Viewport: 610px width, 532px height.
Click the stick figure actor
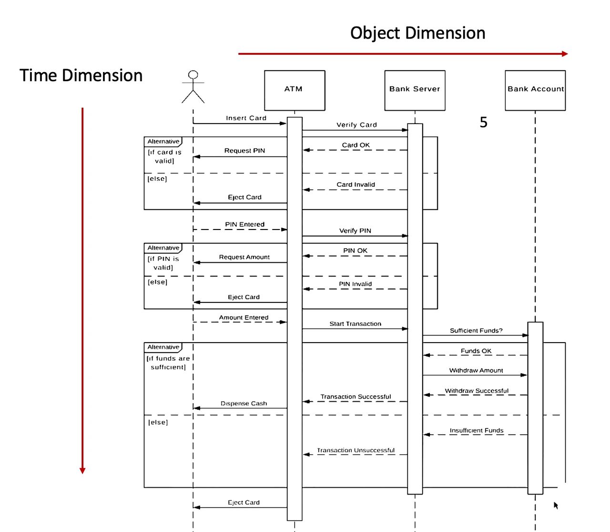[193, 87]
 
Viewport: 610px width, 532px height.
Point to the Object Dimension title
[417, 33]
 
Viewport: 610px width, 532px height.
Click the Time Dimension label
[81, 75]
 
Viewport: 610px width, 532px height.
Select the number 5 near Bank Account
[483, 123]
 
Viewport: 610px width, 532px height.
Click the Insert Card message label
[246, 118]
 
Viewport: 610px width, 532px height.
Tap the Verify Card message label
[356, 125]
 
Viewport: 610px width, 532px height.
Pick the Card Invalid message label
[356, 185]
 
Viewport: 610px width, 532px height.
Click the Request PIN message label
[244, 150]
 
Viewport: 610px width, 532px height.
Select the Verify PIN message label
[355, 230]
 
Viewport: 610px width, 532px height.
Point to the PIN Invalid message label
[355, 284]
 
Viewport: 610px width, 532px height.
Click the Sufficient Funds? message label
[476, 330]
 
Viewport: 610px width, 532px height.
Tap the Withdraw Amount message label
[476, 370]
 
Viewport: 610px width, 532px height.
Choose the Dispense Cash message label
[244, 403]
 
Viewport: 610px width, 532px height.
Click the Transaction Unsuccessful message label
[356, 450]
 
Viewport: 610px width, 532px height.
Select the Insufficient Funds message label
[476, 430]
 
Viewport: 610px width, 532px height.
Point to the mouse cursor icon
[556, 505]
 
